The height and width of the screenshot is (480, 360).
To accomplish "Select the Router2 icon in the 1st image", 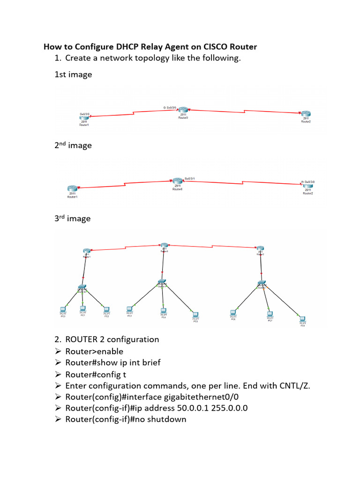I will tap(306, 114).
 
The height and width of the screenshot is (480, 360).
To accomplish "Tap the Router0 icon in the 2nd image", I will tap(177, 181).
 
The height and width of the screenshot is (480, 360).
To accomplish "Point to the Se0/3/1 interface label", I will tap(190, 178).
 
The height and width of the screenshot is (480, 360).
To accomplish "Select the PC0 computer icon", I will tap(63, 309).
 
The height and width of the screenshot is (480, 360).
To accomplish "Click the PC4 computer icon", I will tap(164, 310).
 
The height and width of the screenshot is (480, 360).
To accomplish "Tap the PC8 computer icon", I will tap(303, 318).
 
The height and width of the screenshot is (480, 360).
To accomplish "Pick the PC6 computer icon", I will tap(233, 312).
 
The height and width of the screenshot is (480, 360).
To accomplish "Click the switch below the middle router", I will tap(162, 283).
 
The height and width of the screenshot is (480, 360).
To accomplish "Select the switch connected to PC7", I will tap(261, 283).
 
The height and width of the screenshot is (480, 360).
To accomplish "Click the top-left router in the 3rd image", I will tap(86, 251).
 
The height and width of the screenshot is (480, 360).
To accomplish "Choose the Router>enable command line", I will tap(94, 351).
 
